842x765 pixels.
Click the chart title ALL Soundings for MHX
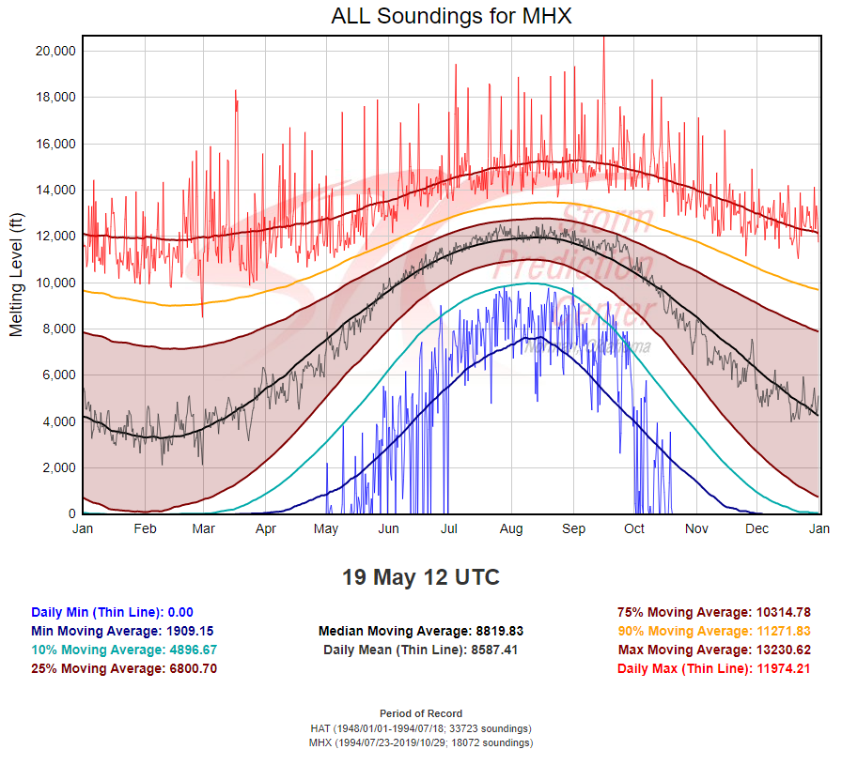pos(451,16)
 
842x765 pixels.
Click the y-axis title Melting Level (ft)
pos(16,275)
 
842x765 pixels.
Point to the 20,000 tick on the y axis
pos(55,51)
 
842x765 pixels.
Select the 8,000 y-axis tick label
pos(59,329)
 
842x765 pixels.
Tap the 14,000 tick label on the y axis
pos(55,190)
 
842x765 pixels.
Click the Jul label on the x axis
pos(450,529)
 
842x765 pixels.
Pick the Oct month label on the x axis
pos(634,529)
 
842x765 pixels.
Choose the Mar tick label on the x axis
pos(204,529)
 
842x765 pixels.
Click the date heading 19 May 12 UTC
pos(420,577)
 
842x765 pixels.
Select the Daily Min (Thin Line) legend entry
pos(112,612)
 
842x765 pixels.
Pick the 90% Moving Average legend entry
pos(714,631)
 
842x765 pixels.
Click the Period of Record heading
pos(420,713)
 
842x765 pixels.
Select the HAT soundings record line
pos(420,728)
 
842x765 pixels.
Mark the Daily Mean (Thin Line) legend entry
pos(420,650)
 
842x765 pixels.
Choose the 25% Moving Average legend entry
pos(124,668)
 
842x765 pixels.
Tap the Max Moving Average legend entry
pos(714,650)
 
